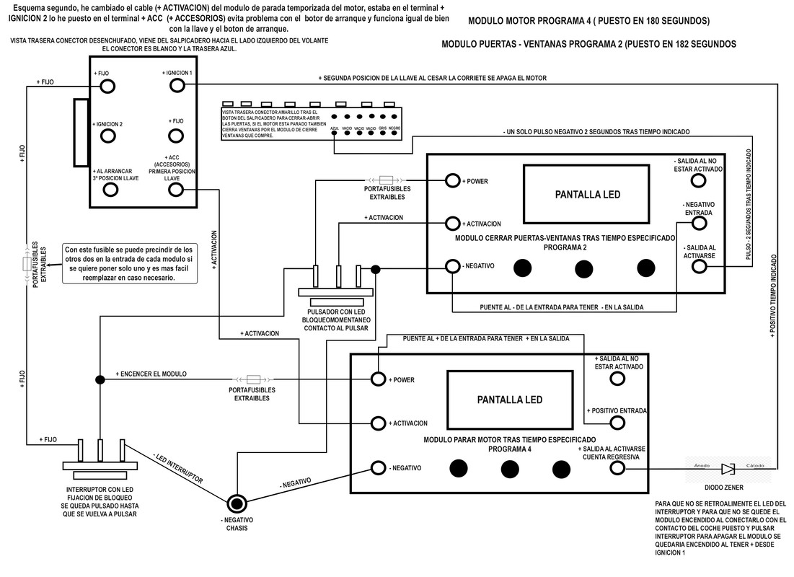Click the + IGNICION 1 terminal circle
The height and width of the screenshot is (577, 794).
click(x=177, y=87)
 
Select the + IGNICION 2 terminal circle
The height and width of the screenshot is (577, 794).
click(x=108, y=136)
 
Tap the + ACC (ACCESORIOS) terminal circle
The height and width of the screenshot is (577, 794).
click(x=177, y=190)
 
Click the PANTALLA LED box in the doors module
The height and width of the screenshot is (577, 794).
click(x=587, y=194)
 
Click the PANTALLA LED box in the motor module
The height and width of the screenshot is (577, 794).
click(x=509, y=399)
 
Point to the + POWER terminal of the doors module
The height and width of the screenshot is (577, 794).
click(x=452, y=180)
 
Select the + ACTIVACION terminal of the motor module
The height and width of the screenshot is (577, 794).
click(x=378, y=423)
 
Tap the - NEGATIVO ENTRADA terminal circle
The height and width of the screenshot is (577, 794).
click(x=697, y=223)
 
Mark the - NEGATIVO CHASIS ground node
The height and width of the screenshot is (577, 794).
click(x=237, y=503)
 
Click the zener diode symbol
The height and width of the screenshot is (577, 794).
click(x=728, y=469)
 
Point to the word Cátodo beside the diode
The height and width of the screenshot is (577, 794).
click(x=755, y=464)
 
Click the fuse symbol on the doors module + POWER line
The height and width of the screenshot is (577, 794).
click(x=385, y=180)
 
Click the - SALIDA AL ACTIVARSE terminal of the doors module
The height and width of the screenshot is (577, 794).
click(x=697, y=267)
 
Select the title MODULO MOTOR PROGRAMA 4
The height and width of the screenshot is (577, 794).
click(x=588, y=20)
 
